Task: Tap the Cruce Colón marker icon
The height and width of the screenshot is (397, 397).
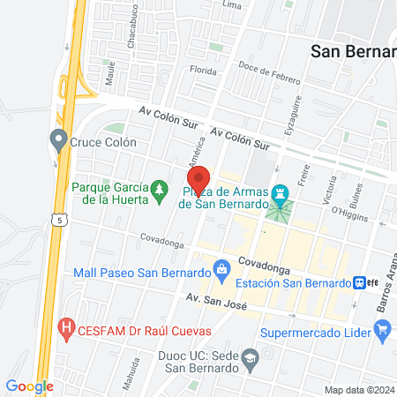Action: (x=59, y=139)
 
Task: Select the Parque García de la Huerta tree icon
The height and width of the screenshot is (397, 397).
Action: (x=159, y=188)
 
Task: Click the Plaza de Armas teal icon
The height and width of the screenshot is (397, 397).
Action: (x=281, y=191)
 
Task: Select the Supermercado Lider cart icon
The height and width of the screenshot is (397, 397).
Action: (x=382, y=332)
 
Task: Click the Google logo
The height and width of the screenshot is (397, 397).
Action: (x=29, y=386)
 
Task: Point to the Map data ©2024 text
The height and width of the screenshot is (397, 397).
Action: (x=358, y=389)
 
